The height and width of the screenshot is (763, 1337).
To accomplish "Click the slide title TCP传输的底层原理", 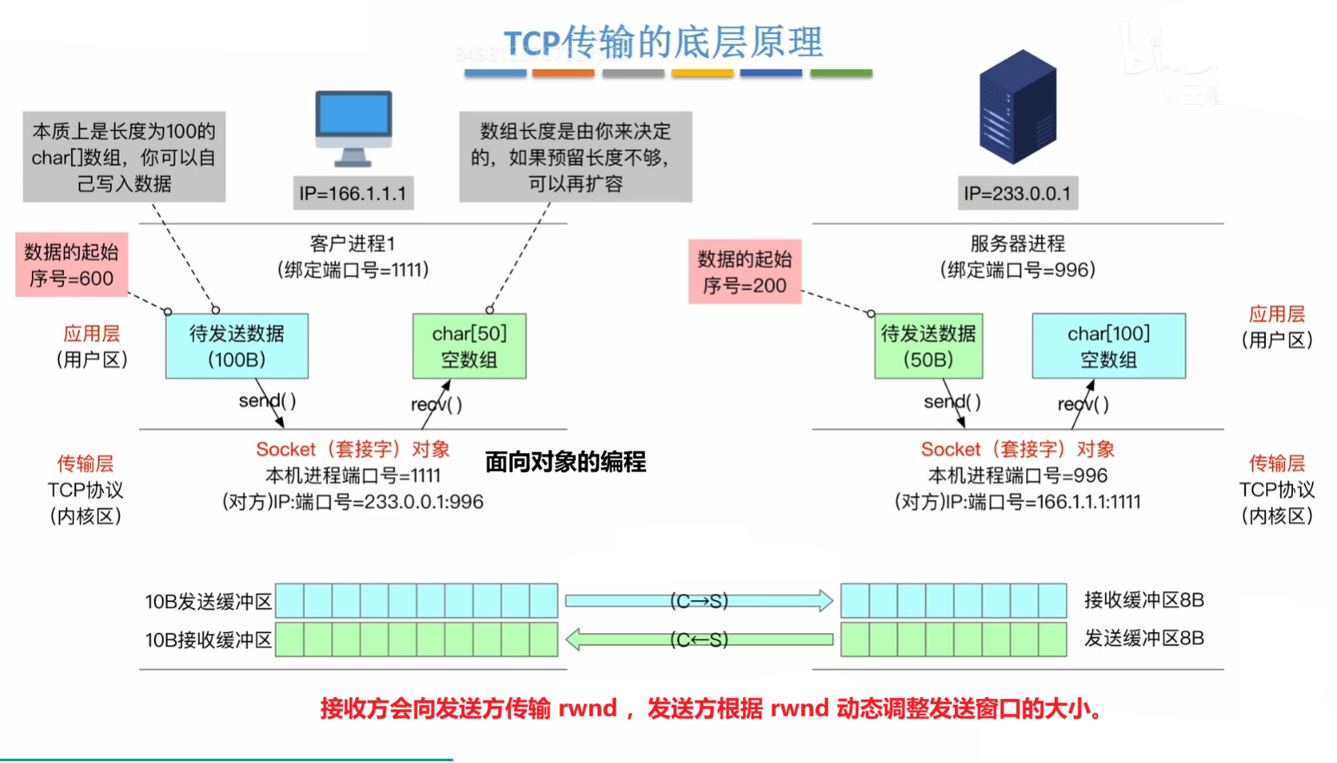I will coord(663,42).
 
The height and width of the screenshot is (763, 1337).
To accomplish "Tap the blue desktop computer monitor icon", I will coord(353,127).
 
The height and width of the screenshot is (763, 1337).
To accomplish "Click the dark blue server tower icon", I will coord(1017,107).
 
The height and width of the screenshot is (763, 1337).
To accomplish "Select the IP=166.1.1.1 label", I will coord(352,193).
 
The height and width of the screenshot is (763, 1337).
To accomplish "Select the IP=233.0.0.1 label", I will coord(1017,193).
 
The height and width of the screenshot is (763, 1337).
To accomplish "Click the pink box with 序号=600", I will coord(72,265).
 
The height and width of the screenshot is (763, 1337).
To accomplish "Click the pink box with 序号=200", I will coord(745,272).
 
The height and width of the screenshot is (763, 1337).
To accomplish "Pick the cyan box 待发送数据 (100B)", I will coord(236,346).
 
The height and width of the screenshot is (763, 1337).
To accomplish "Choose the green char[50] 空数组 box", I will coord(469,346).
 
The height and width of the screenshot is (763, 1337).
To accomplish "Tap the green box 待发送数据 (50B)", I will coord(928,346).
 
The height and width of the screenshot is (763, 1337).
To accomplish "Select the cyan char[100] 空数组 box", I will coord(1108,346).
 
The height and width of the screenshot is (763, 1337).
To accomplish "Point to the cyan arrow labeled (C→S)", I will coord(699,601).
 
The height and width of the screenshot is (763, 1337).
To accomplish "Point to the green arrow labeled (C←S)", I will coord(699,640).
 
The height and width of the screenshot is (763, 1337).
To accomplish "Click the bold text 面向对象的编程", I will coord(565,462).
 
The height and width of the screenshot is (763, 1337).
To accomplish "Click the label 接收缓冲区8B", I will coord(1144,600).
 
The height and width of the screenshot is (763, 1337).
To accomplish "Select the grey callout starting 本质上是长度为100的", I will coord(124,157).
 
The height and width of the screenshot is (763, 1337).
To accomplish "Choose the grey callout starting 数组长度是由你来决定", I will coord(575,157).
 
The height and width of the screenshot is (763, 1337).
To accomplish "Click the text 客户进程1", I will coord(352,244).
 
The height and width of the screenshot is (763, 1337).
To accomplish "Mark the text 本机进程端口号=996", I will coord(1017,475).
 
